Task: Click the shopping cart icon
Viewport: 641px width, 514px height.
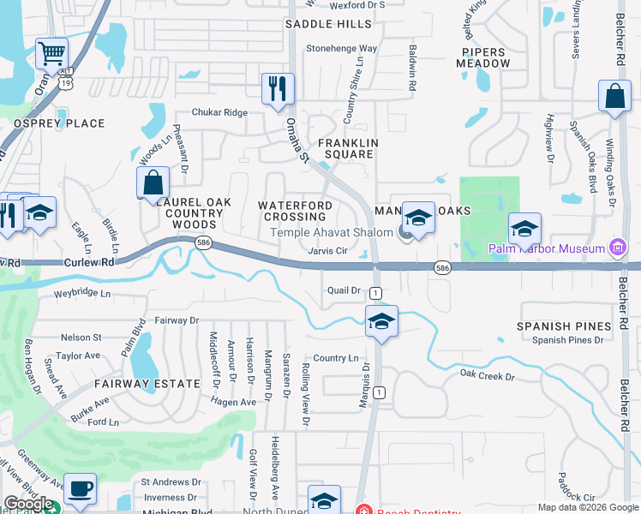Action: click(52, 55)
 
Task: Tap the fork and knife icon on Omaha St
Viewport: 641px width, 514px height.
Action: click(278, 89)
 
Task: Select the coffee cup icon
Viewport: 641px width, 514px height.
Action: click(80, 490)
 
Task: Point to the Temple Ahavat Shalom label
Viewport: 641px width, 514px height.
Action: click(332, 232)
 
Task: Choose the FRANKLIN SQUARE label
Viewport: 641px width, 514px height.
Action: click(346, 148)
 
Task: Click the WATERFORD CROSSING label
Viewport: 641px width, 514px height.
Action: click(296, 212)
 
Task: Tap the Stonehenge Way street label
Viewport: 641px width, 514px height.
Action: click(342, 49)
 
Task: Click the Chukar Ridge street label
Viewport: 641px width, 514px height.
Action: click(219, 112)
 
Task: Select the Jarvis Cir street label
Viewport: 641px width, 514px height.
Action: click(327, 251)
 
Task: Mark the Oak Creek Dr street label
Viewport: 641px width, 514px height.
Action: click(487, 374)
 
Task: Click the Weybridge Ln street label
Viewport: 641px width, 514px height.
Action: click(83, 293)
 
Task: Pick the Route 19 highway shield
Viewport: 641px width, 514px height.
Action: click(65, 83)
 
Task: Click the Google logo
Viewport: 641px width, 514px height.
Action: click(28, 504)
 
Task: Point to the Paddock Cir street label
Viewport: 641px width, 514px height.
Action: click(576, 497)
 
